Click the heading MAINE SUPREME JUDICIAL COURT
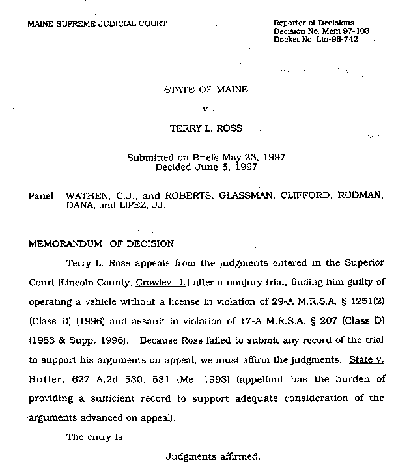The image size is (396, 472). tap(96, 23)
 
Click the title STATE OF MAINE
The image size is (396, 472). tap(206, 89)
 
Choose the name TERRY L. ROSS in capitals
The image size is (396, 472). tap(206, 128)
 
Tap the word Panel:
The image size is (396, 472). tap(42, 195)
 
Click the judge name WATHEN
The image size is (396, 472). tap(87, 195)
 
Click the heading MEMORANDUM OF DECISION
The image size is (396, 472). tap(100, 244)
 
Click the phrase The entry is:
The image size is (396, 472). tap(96, 437)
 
